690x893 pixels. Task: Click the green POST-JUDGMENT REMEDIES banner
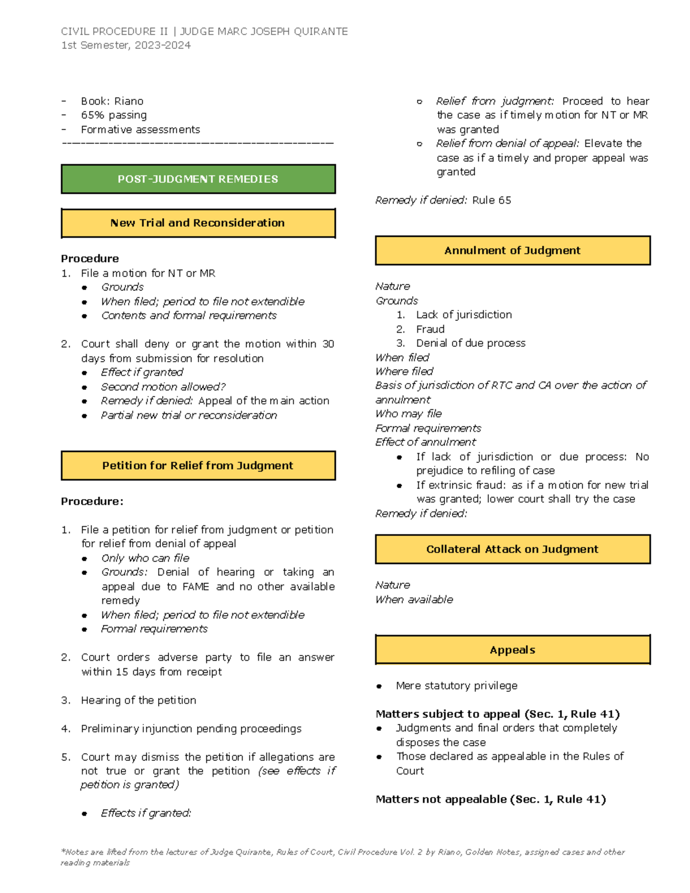tap(198, 179)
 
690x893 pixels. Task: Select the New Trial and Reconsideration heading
tap(198, 223)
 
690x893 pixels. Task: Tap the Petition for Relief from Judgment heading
tap(198, 466)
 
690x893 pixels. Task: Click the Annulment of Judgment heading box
tap(512, 250)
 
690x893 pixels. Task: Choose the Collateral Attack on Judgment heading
tap(512, 549)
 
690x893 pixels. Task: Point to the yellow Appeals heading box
tap(512, 650)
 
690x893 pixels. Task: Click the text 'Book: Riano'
tap(112, 101)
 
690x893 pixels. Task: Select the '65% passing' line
tap(114, 115)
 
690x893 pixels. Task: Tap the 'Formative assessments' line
tap(140, 129)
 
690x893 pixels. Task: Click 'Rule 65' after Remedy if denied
tap(492, 200)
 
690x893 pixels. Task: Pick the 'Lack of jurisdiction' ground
tap(463, 315)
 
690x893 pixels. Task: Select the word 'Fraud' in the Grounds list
tap(430, 329)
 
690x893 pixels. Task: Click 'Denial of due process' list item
tap(470, 343)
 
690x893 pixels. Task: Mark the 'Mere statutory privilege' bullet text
tap(457, 685)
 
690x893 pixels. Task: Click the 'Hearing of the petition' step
tap(139, 700)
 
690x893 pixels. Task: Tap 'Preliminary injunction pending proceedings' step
tap(191, 729)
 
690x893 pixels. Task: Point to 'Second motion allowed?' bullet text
tap(163, 386)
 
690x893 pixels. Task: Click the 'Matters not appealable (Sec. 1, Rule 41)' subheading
tap(490, 799)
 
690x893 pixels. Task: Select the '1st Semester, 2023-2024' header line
tap(126, 45)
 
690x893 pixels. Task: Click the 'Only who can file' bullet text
tap(145, 558)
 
